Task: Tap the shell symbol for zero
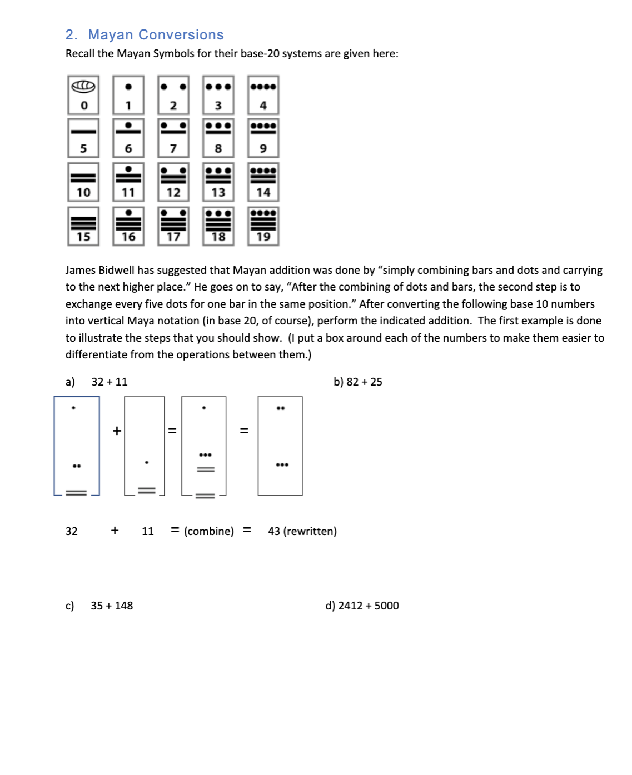click(x=83, y=87)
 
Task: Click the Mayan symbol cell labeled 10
click(x=83, y=182)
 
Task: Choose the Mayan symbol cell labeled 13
click(x=218, y=182)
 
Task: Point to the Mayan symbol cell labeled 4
click(x=263, y=95)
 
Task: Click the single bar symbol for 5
click(x=83, y=132)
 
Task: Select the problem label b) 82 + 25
click(x=357, y=382)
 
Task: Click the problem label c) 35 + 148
click(x=99, y=606)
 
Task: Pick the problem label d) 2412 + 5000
click(x=362, y=606)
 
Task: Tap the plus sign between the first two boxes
click(x=117, y=431)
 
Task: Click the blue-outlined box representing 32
click(x=77, y=446)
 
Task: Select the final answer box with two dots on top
click(x=280, y=446)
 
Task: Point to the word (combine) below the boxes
click(x=209, y=531)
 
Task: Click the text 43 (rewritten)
click(x=302, y=531)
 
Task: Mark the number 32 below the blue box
click(x=72, y=531)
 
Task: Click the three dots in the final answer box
click(x=282, y=464)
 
